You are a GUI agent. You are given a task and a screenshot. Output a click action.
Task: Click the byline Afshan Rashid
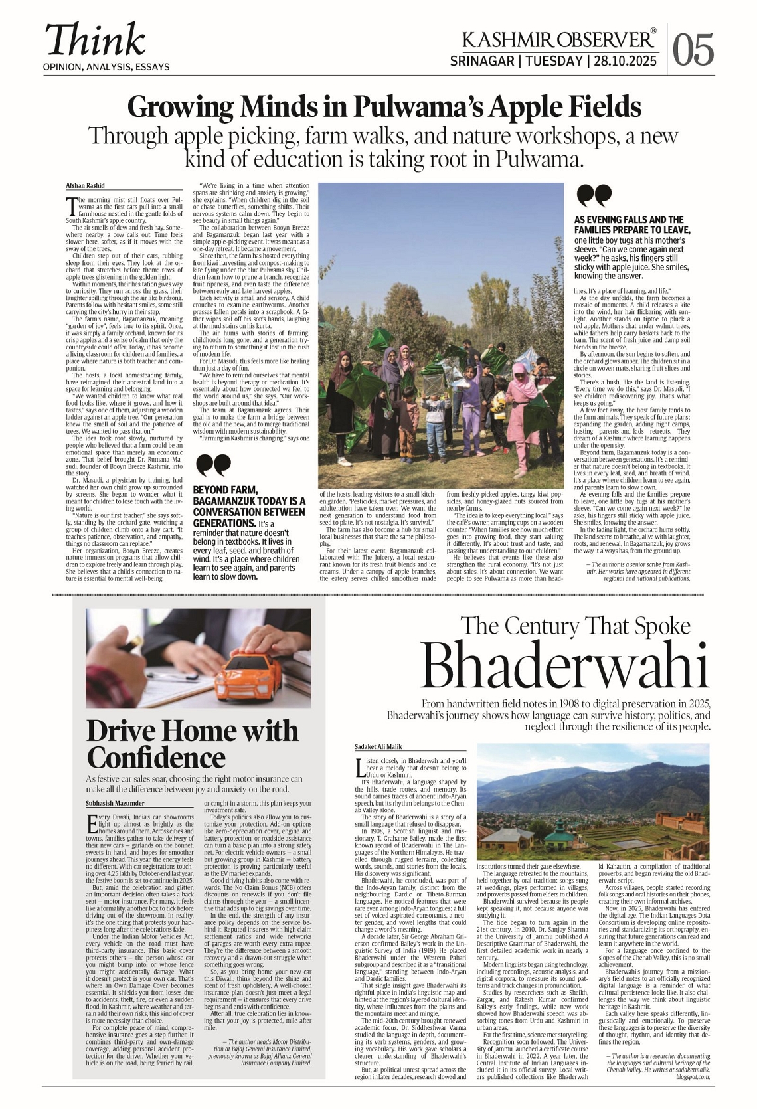pyautogui.click(x=85, y=186)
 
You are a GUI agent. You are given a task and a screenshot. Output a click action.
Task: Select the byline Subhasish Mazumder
pyautogui.click(x=116, y=804)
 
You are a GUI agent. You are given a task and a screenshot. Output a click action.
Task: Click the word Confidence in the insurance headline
pyautogui.click(x=157, y=758)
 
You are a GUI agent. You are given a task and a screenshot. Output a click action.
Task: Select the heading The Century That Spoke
pyautogui.click(x=575, y=626)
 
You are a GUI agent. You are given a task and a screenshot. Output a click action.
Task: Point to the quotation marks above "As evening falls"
pyautogui.click(x=594, y=196)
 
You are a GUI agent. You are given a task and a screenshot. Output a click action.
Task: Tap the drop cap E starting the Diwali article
pyautogui.click(x=92, y=824)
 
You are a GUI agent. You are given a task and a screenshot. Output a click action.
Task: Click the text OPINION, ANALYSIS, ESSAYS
pyautogui.click(x=106, y=67)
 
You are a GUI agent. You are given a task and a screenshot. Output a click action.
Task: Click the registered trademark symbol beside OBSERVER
pyautogui.click(x=653, y=31)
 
